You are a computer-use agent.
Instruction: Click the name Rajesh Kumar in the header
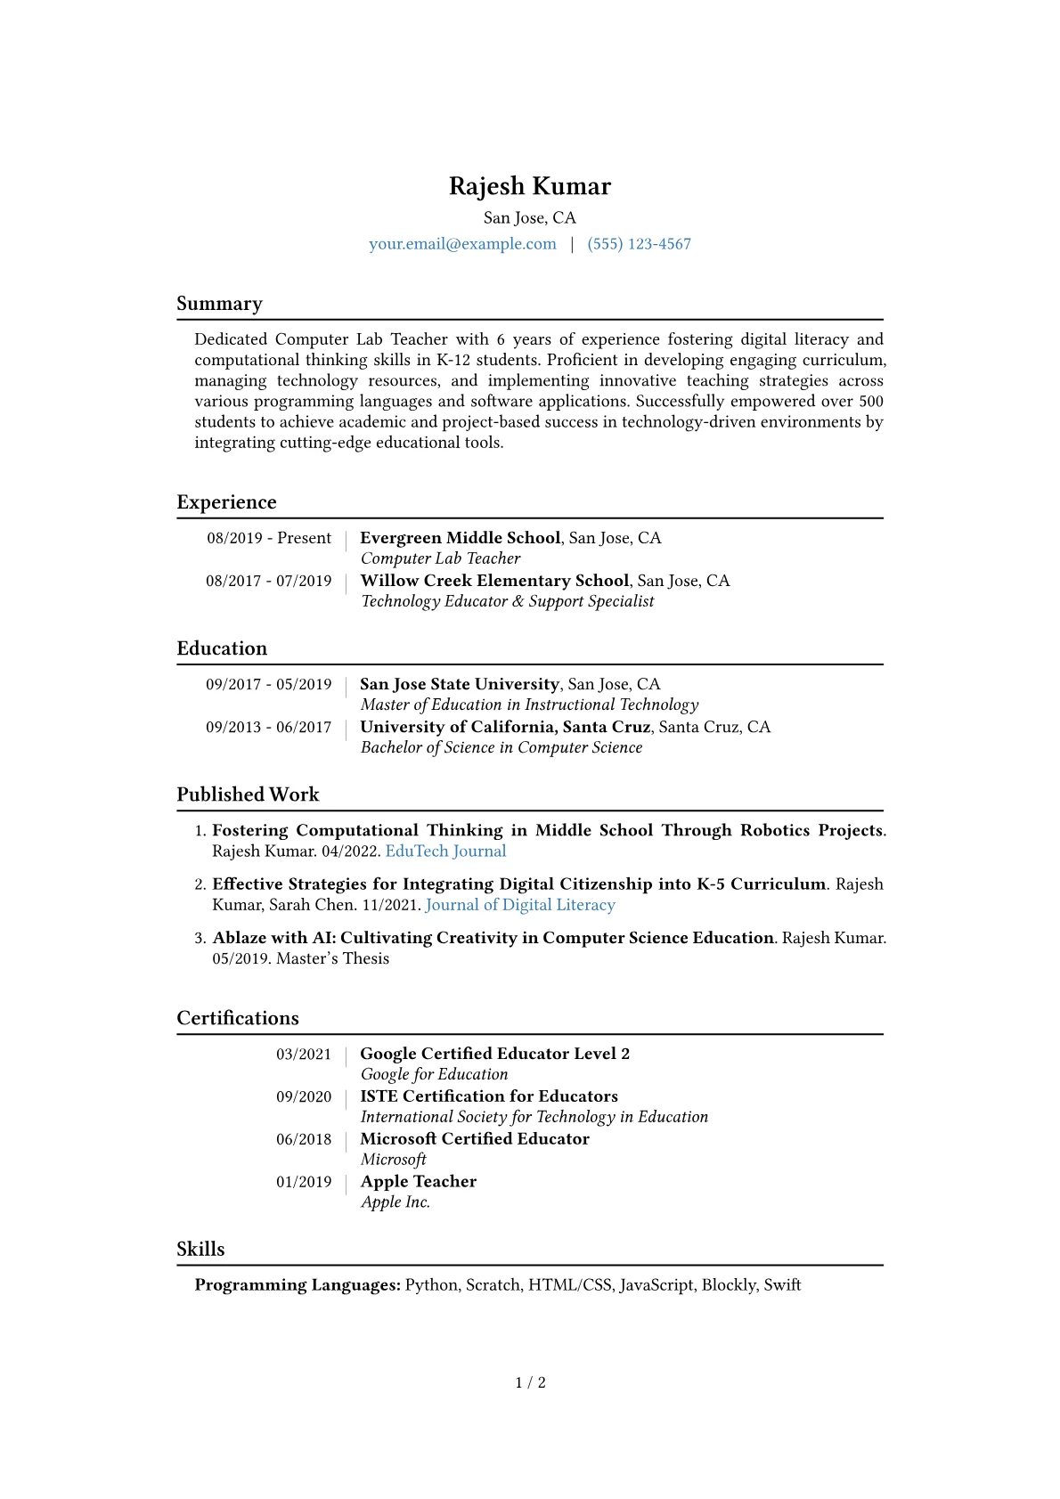tap(529, 186)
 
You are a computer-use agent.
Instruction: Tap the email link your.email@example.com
tap(462, 244)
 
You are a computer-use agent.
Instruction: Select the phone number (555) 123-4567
tap(639, 244)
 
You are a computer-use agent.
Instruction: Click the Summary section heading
tap(219, 304)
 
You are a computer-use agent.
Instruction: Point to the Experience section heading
tap(226, 502)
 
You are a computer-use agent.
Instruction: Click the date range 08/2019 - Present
tap(269, 538)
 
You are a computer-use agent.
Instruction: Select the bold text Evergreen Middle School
tap(460, 538)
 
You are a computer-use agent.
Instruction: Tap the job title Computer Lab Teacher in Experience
tap(440, 558)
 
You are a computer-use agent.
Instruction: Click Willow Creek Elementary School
tap(494, 581)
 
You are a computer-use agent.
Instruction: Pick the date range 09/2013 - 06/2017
tap(269, 727)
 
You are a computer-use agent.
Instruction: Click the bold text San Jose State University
tap(459, 684)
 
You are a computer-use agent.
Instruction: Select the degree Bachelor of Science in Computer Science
tap(501, 747)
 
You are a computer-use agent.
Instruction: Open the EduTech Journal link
tap(445, 851)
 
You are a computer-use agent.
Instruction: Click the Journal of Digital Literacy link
tap(520, 905)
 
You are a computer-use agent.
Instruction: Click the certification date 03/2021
tap(304, 1055)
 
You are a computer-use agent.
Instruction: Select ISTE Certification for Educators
tap(488, 1096)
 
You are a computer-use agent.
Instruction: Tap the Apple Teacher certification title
tap(418, 1182)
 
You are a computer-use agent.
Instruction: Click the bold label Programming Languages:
tap(298, 1285)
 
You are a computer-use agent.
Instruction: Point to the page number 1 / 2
tap(530, 1382)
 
